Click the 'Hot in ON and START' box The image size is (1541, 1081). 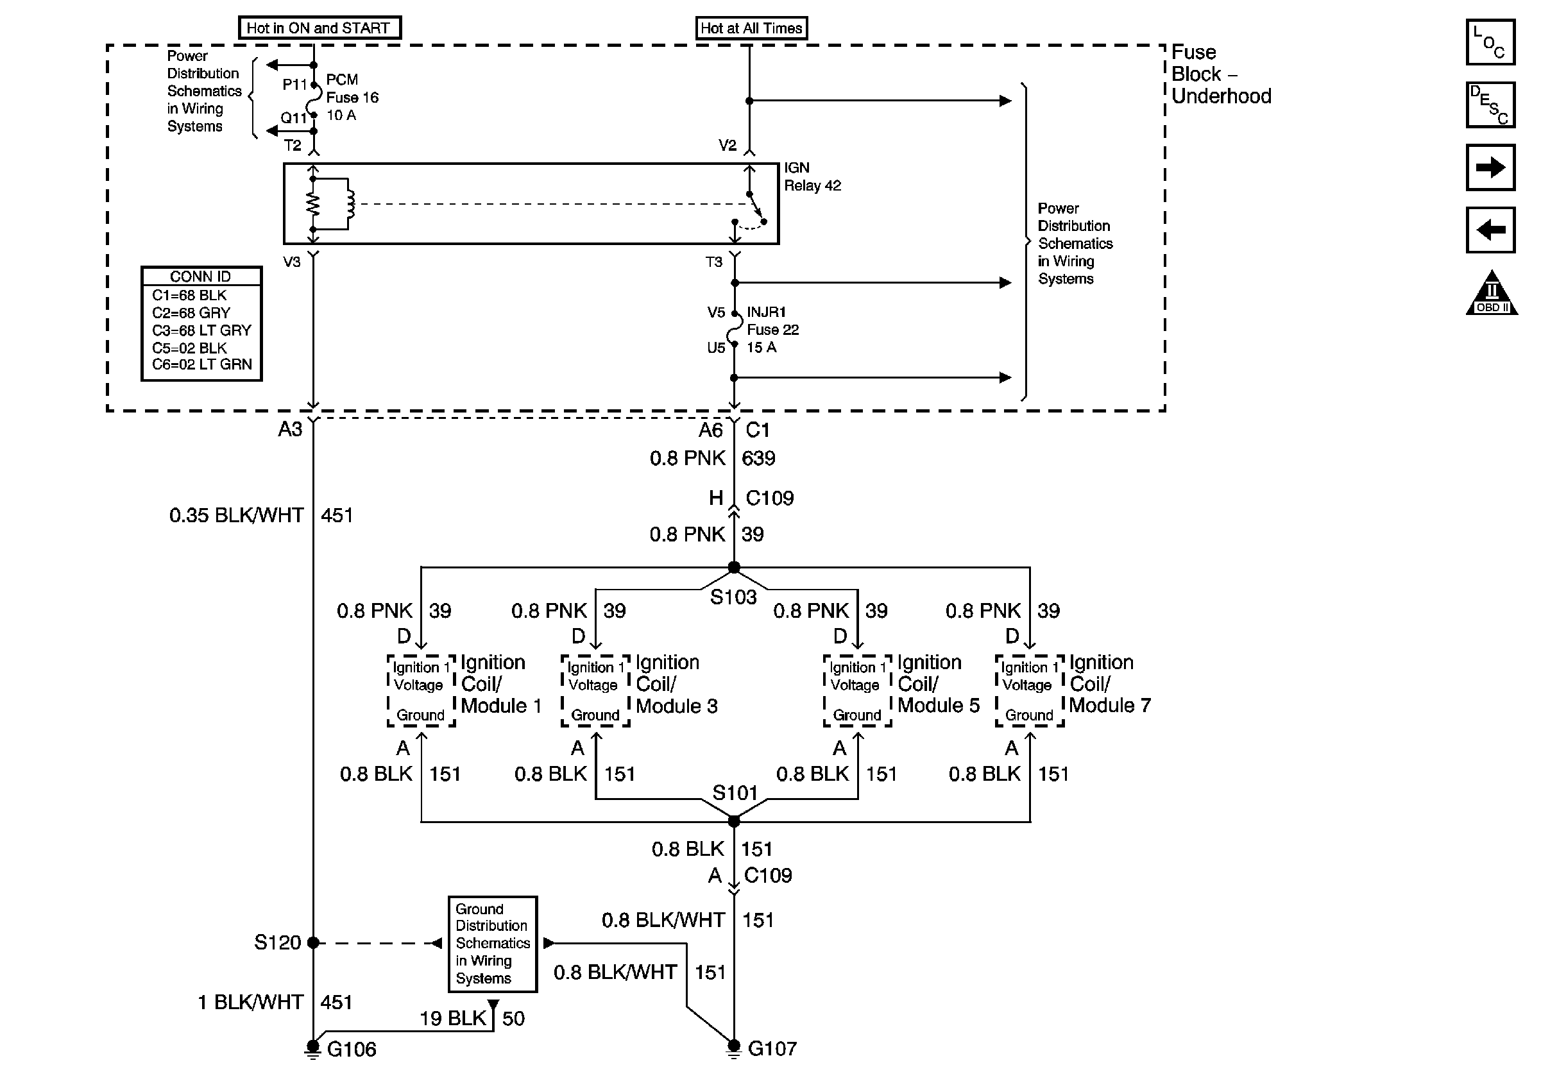[319, 28]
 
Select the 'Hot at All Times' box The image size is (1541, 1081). [751, 28]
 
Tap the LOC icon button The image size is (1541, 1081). [1490, 42]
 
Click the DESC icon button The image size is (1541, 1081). [1490, 105]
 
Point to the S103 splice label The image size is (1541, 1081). [733, 597]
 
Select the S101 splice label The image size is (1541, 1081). [735, 793]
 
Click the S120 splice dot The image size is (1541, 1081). [313, 943]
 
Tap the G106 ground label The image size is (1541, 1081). [351, 1050]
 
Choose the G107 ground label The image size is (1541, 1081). [772, 1049]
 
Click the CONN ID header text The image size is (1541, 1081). [201, 277]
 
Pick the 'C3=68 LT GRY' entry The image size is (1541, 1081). [201, 330]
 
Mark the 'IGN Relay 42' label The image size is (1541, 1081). [812, 176]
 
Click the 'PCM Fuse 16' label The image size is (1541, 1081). [352, 89]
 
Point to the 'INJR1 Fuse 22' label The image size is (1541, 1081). [772, 321]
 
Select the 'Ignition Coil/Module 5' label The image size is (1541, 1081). [937, 684]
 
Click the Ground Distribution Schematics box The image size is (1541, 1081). [493, 944]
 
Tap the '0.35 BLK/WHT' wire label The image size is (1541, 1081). [236, 515]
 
